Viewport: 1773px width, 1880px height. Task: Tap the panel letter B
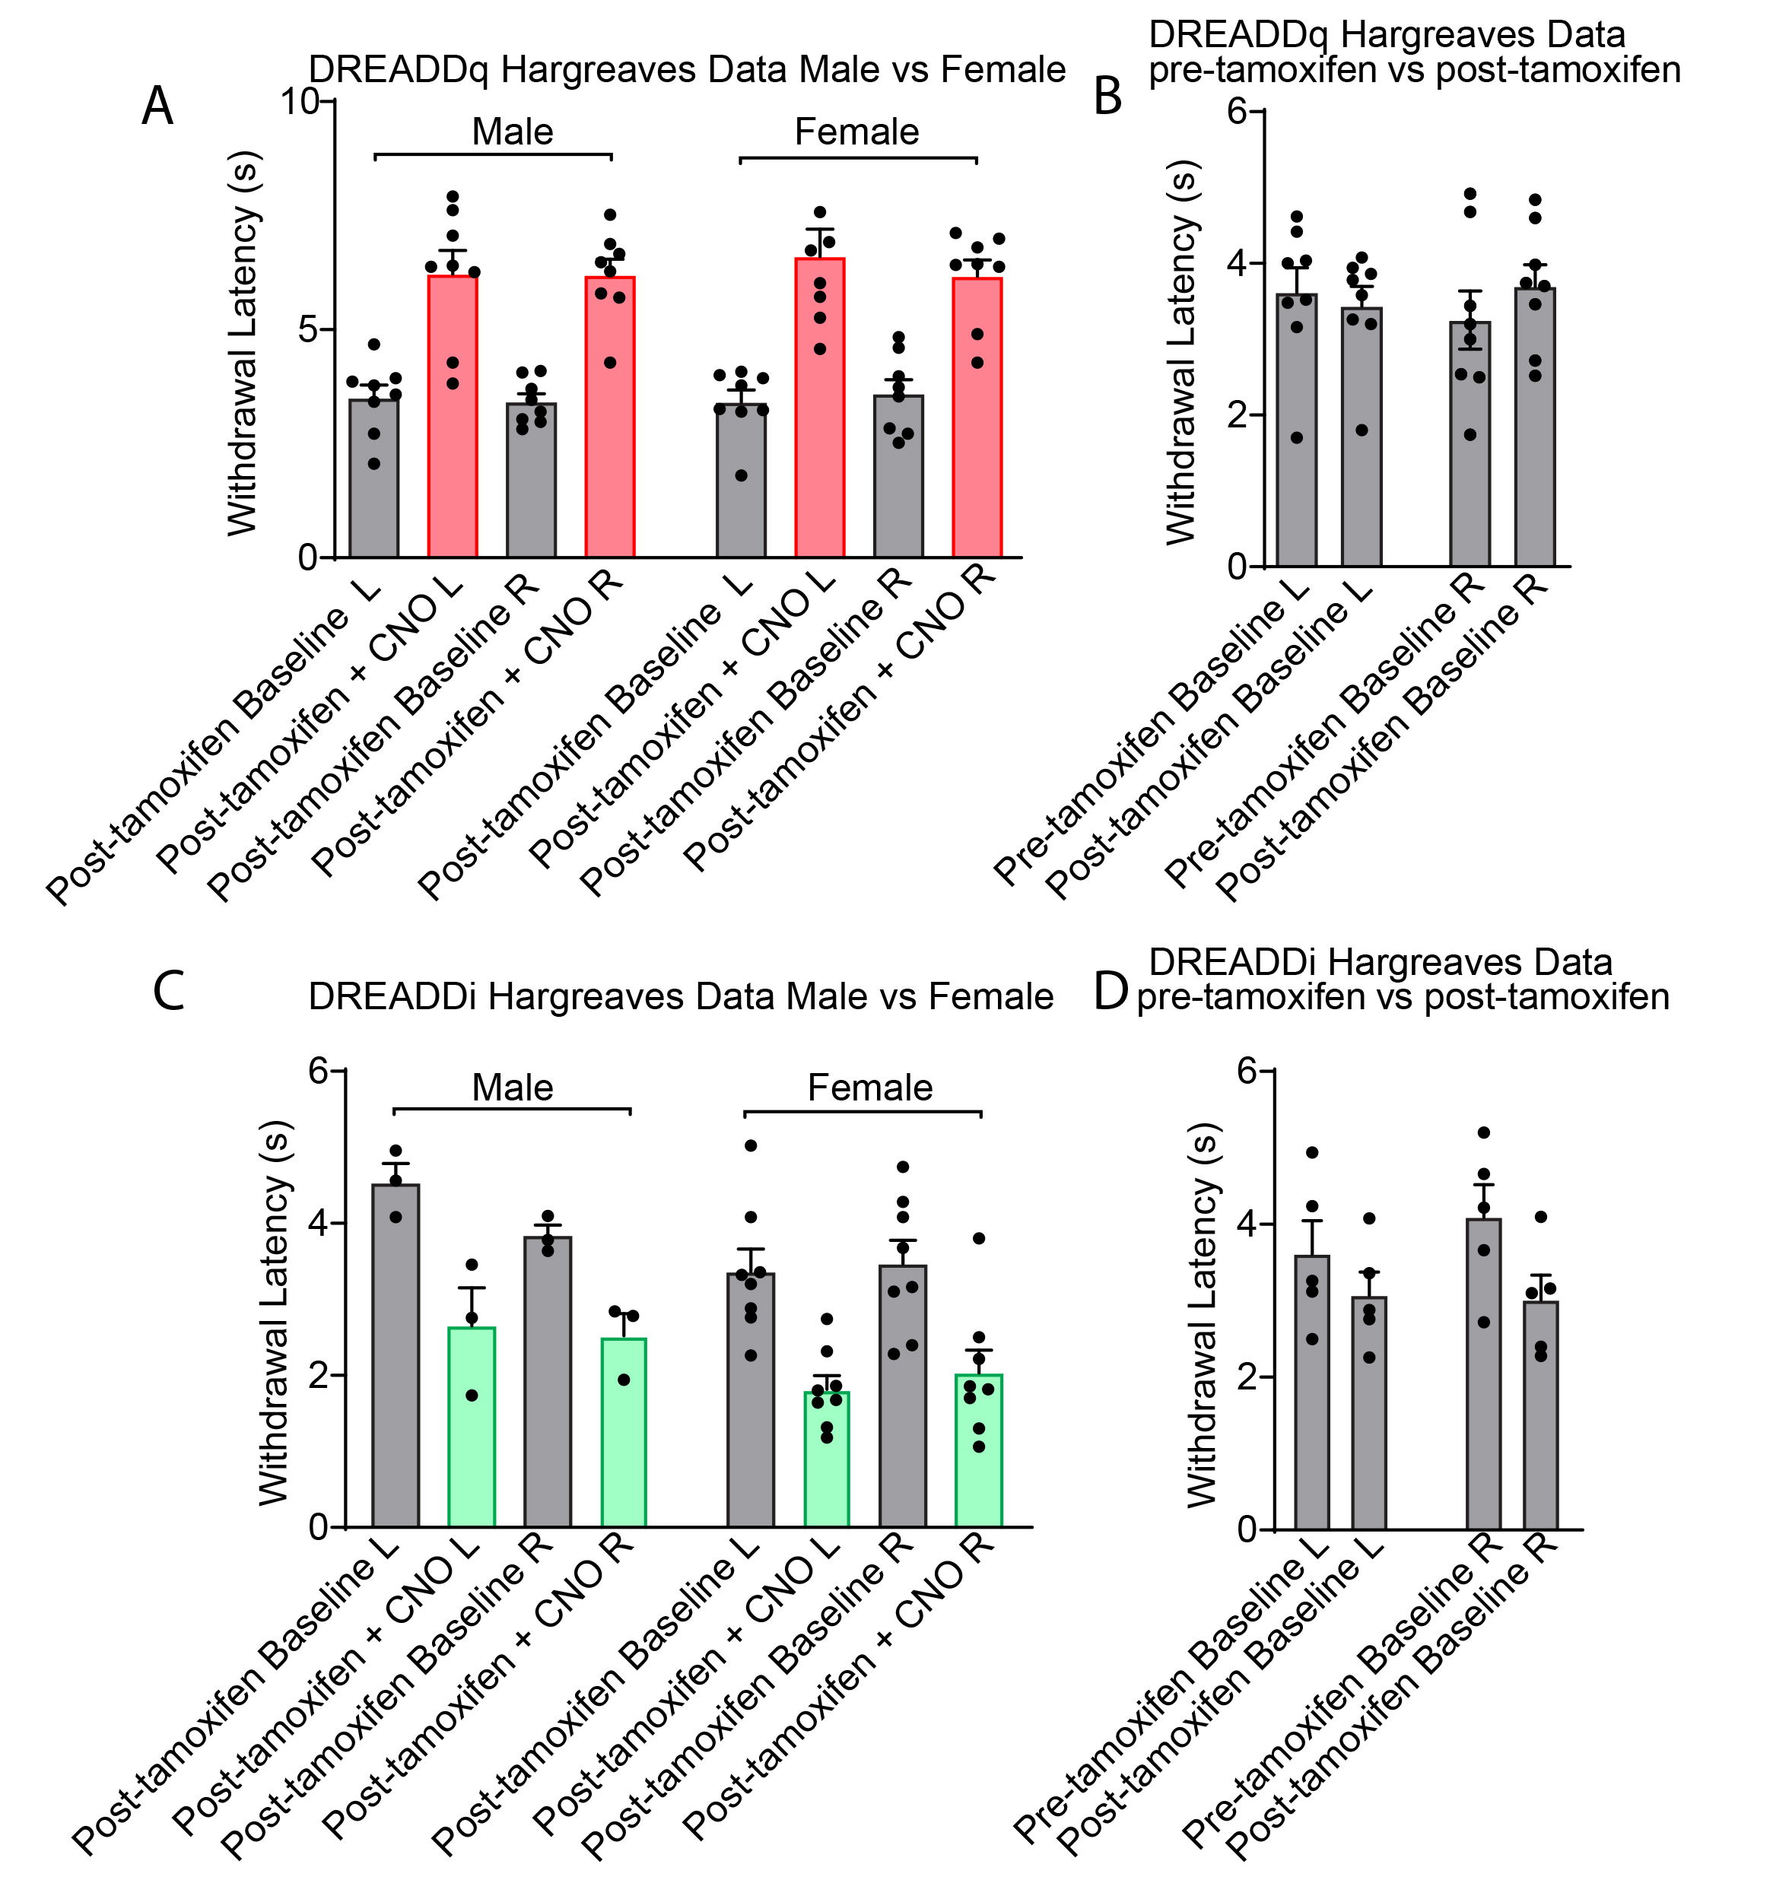click(x=1107, y=97)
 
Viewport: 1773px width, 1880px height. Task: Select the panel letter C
click(x=168, y=991)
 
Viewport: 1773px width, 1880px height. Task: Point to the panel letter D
click(x=1111, y=991)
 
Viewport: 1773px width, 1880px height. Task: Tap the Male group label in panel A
click(x=512, y=132)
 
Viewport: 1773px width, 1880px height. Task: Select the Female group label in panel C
click(x=869, y=1088)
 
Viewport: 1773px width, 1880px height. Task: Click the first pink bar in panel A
click(x=452, y=416)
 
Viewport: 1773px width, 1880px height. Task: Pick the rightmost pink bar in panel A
click(x=977, y=416)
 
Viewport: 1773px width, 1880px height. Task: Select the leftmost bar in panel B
click(x=1296, y=430)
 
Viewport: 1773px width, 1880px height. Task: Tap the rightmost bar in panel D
click(x=1540, y=1415)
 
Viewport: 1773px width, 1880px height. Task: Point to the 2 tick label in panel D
click(x=1248, y=1376)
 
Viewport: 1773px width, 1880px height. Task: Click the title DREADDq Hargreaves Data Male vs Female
click(x=687, y=70)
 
